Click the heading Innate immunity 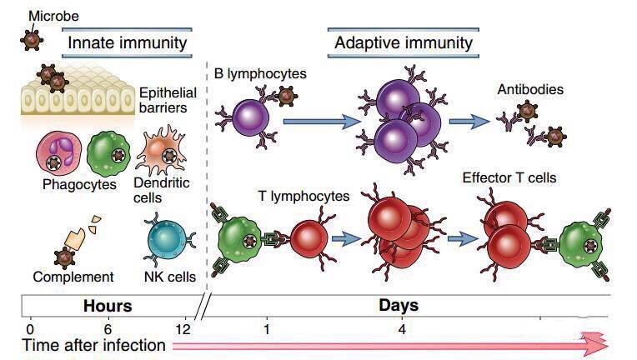(127, 42)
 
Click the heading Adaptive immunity (404, 42)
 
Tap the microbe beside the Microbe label (32, 38)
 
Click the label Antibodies (530, 89)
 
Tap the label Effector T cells (509, 177)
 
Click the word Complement (73, 277)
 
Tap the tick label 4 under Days (402, 328)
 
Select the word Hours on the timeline (108, 306)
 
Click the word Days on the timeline (399, 306)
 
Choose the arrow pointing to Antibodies (469, 122)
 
